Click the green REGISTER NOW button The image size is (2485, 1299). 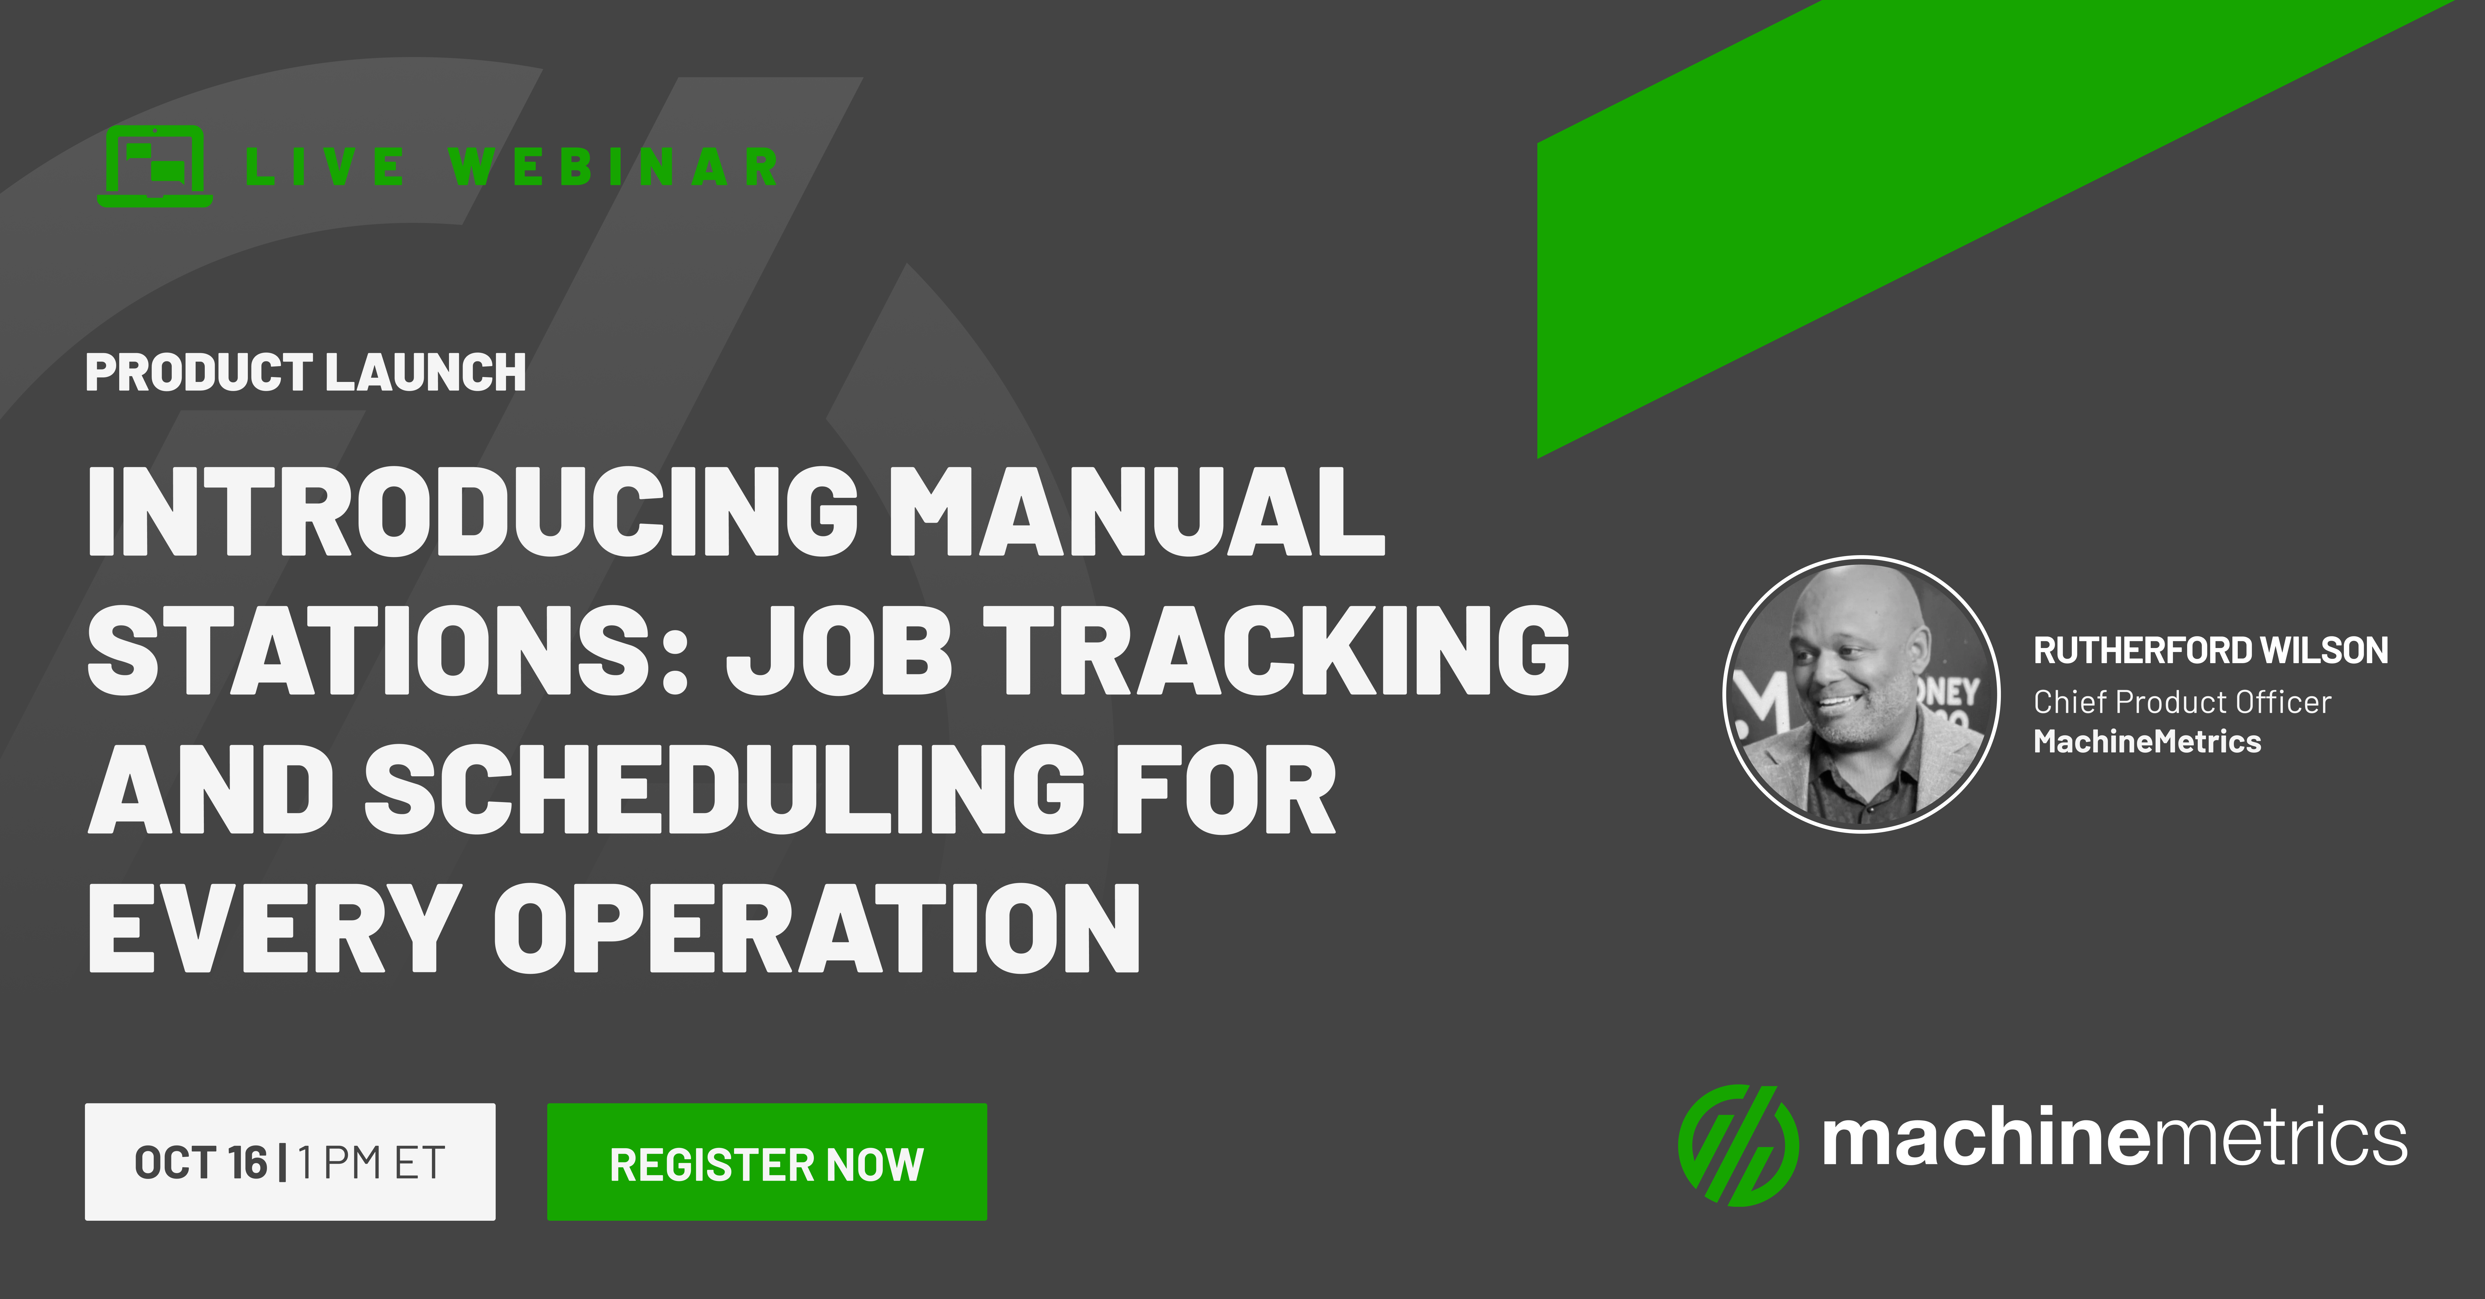pos(767,1162)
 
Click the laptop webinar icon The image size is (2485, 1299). pos(154,166)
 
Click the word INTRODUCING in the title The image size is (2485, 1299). pos(473,511)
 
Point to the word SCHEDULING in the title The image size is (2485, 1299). pos(725,789)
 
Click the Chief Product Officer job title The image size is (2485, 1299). pos(2182,702)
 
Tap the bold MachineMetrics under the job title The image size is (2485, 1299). pos(2147,741)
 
